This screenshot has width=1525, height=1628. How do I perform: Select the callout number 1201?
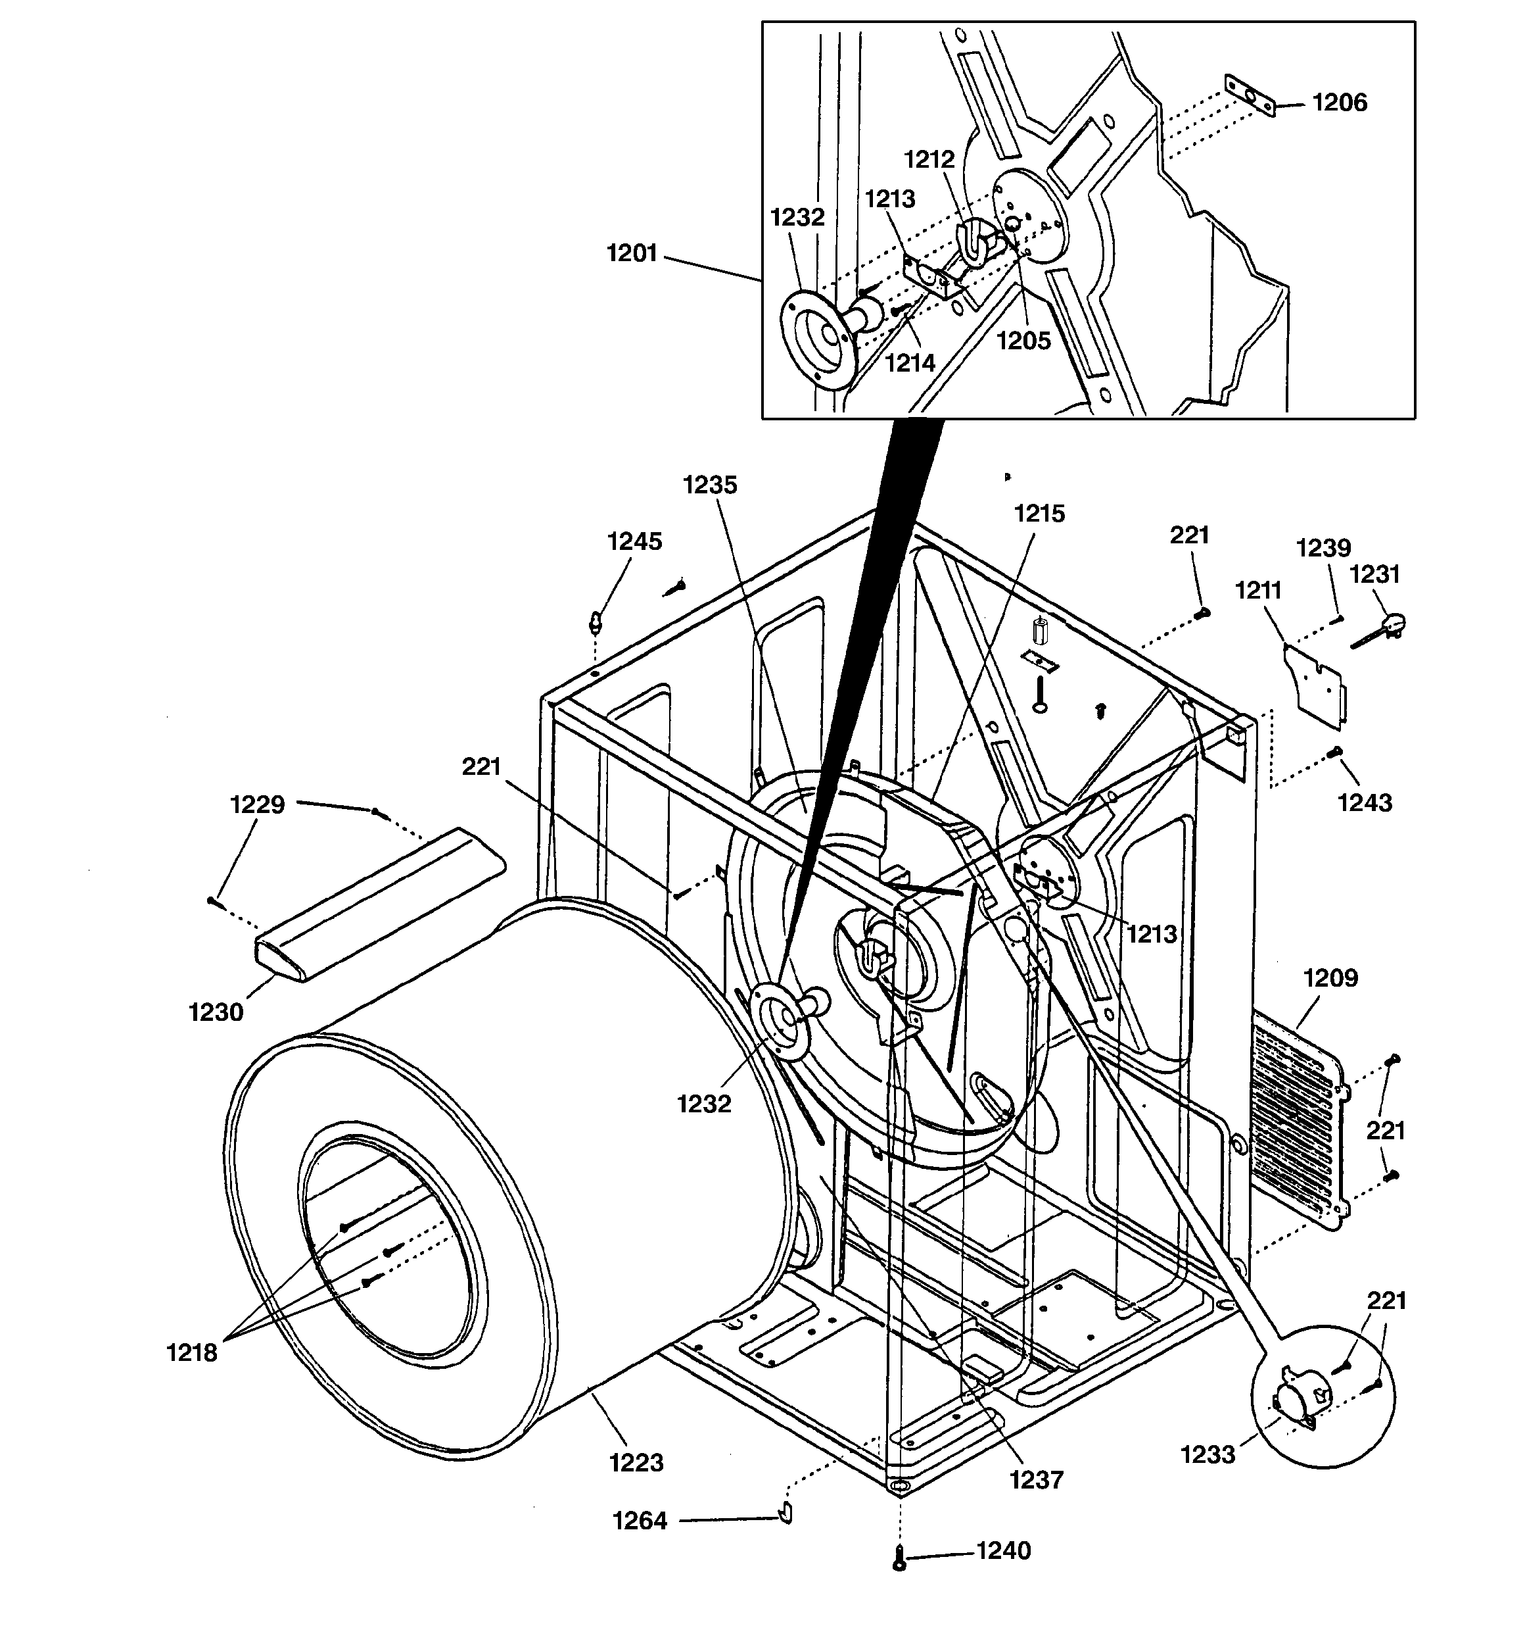tap(632, 254)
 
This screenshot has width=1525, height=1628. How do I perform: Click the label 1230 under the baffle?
tap(216, 1013)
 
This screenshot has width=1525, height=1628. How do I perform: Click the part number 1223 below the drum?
tap(636, 1463)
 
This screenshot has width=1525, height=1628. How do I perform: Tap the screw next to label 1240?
tap(900, 1558)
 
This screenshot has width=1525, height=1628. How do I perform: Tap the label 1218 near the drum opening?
tap(191, 1353)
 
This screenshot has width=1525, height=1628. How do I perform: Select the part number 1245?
tap(634, 541)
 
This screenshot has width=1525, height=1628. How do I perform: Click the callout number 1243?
tap(1365, 802)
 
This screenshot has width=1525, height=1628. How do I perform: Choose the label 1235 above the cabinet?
tap(710, 485)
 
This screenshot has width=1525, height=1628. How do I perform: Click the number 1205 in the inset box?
tap(1023, 341)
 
